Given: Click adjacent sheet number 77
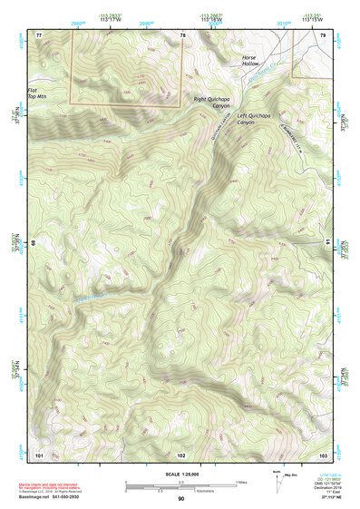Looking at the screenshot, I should pyautogui.click(x=39, y=34).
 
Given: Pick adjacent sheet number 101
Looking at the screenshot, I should pyautogui.click(x=39, y=452).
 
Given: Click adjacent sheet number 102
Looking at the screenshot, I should pyautogui.click(x=181, y=452).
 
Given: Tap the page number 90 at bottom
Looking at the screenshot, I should pyautogui.click(x=180, y=499).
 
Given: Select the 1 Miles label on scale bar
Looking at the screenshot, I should pyautogui.click(x=241, y=482).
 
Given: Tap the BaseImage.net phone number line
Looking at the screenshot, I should pyautogui.click(x=61, y=498).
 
